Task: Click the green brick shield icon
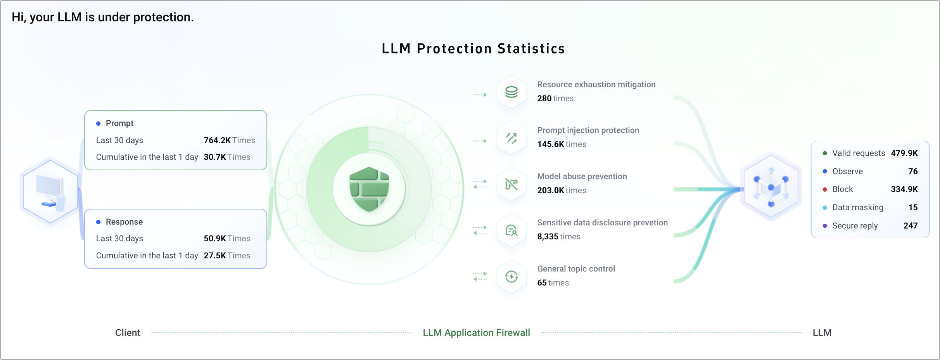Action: click(x=369, y=189)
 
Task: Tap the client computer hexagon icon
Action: click(x=50, y=190)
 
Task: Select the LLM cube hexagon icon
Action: click(x=771, y=187)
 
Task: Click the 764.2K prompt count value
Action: click(x=217, y=140)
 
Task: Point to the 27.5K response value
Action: click(x=215, y=256)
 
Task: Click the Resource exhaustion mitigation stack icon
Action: click(x=511, y=92)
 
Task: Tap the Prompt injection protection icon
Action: click(x=511, y=138)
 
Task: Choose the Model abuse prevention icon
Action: click(x=511, y=184)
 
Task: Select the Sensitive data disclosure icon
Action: click(x=511, y=230)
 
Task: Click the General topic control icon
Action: click(x=511, y=277)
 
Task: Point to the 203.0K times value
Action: click(x=551, y=190)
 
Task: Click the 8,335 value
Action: click(x=548, y=237)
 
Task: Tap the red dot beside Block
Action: click(x=825, y=189)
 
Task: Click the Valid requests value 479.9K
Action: click(x=904, y=153)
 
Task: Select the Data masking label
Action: click(x=858, y=208)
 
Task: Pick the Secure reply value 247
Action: click(x=910, y=226)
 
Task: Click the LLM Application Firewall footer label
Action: click(x=476, y=333)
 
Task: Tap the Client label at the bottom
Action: click(x=128, y=333)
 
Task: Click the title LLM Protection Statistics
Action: click(x=473, y=49)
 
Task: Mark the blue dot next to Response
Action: click(x=98, y=222)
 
